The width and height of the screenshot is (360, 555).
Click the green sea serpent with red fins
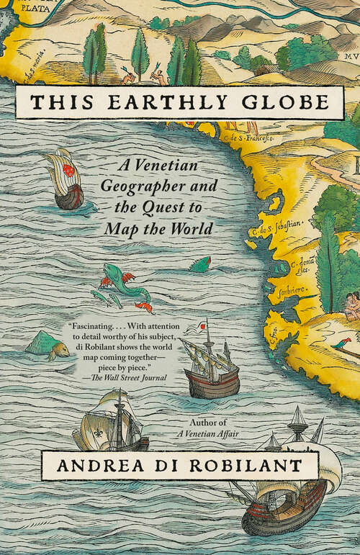click(126, 284)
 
